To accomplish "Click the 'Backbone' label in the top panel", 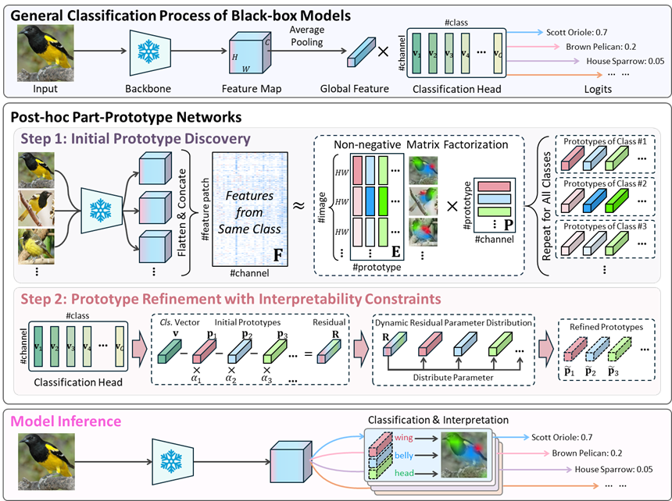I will pos(147,89).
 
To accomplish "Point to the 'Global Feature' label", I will pos(354,89).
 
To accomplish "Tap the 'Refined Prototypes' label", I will pos(607,327).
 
